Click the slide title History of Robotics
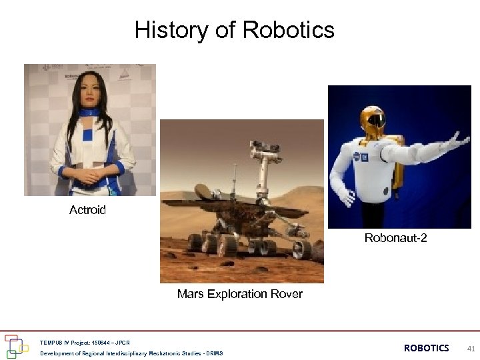coord(235,30)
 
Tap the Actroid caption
coord(87,210)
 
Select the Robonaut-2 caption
coord(395,238)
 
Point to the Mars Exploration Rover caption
coord(239,294)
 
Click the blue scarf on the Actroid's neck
coord(88,113)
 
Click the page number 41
coord(471,349)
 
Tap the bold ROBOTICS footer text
coord(426,348)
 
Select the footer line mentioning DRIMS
coord(131,353)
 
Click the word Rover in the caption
coord(287,294)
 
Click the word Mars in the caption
coord(189,294)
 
